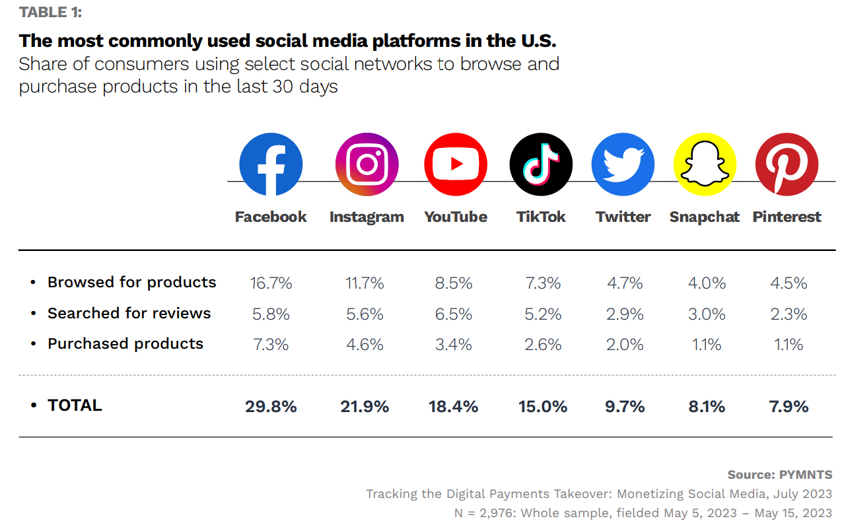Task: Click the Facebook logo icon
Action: coord(271,164)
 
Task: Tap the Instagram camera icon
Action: coord(367,164)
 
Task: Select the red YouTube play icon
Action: coord(456,164)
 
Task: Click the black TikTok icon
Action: coord(541,164)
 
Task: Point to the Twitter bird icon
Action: coord(623,164)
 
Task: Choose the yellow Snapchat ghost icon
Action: coord(705,164)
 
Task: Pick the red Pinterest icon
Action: coord(787,164)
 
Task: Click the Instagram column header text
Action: coord(367,217)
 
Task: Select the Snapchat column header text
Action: coord(705,217)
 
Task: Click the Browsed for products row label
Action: coord(131,282)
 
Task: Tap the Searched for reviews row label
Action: coord(129,313)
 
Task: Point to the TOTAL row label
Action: coord(75,405)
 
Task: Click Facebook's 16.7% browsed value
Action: coord(271,283)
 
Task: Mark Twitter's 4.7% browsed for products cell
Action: coord(625,283)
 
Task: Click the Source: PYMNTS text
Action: coord(780,475)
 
